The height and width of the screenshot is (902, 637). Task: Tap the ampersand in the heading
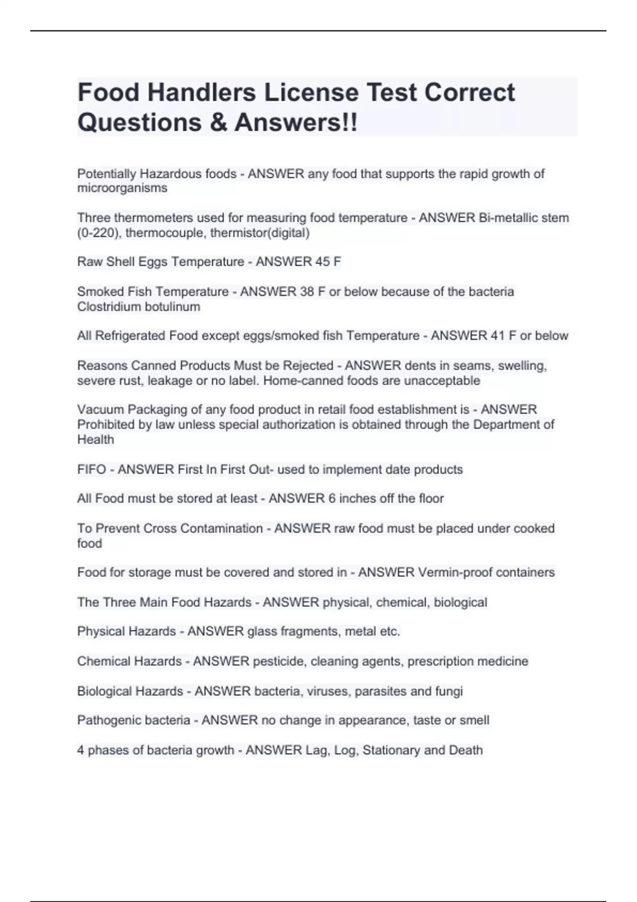pyautogui.click(x=218, y=123)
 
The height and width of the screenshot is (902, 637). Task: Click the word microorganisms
pyautogui.click(x=122, y=188)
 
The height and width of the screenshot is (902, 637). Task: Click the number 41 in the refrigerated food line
pyautogui.click(x=497, y=336)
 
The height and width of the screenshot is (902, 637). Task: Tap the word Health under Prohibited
pyautogui.click(x=96, y=439)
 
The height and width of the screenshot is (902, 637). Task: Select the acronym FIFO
pyautogui.click(x=92, y=470)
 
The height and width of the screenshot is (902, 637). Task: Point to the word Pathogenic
pyautogui.click(x=107, y=721)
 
